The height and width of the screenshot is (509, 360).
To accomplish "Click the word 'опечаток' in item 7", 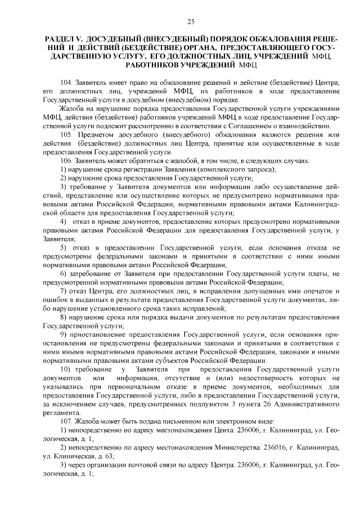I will pyautogui.click(x=316, y=291).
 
